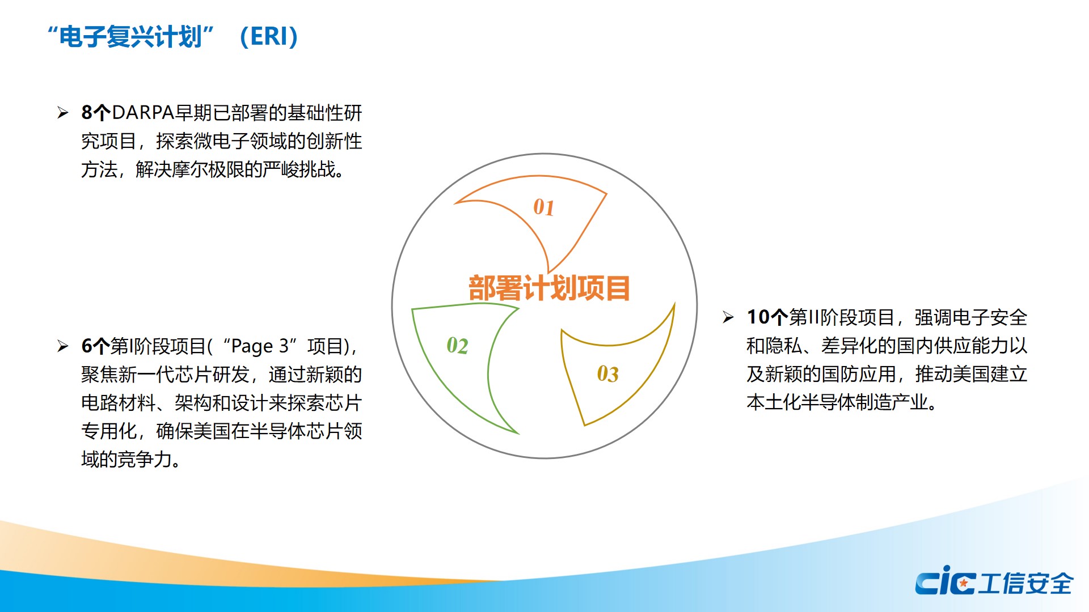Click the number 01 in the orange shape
pos(543,207)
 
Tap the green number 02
pos(457,346)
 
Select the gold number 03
pos(607,374)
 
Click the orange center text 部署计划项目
pos(549,288)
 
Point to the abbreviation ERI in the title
pos(269,37)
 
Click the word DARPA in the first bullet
pos(143,113)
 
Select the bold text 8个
pos(96,113)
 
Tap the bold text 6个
pos(95,346)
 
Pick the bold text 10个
pos(767,317)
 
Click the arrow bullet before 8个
pos(63,113)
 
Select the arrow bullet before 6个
pos(63,346)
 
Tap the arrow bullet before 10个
pos(729,317)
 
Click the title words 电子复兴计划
pos(130,37)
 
